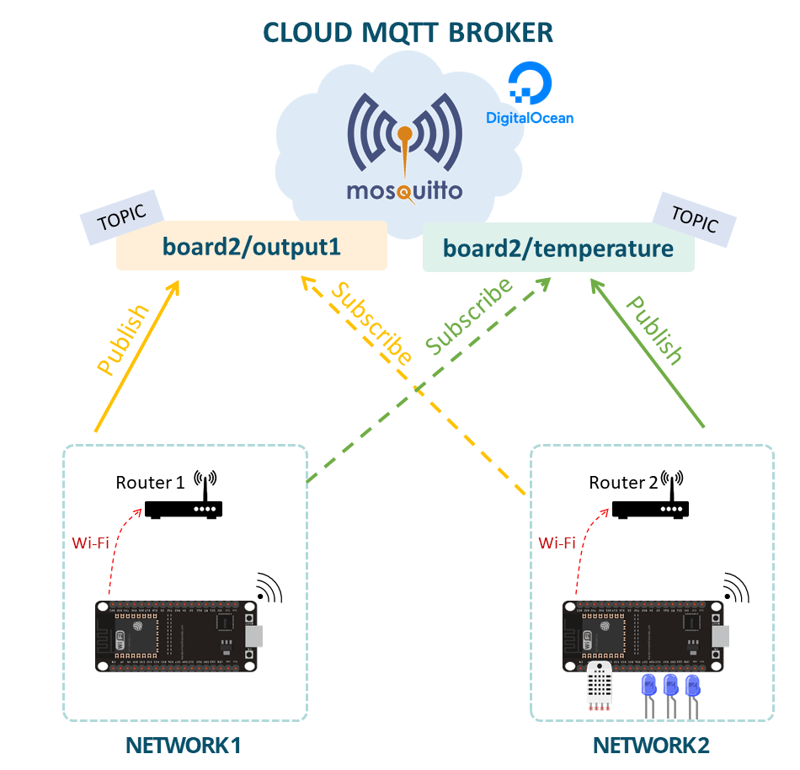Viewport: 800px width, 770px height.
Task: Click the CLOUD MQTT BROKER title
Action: tap(408, 32)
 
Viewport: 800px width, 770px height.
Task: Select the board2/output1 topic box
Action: tap(251, 246)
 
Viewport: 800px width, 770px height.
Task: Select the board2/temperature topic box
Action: tap(557, 249)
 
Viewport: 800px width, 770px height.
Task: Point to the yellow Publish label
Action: tap(123, 338)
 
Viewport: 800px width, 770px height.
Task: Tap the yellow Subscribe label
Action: tap(371, 323)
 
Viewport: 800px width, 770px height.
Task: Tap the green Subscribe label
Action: tap(469, 316)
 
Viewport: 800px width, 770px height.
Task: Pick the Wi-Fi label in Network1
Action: tap(90, 542)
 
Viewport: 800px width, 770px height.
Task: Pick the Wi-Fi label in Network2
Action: tap(557, 543)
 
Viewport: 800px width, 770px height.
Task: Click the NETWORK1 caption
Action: tap(184, 746)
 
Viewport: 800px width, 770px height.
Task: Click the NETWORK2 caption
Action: tap(651, 746)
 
